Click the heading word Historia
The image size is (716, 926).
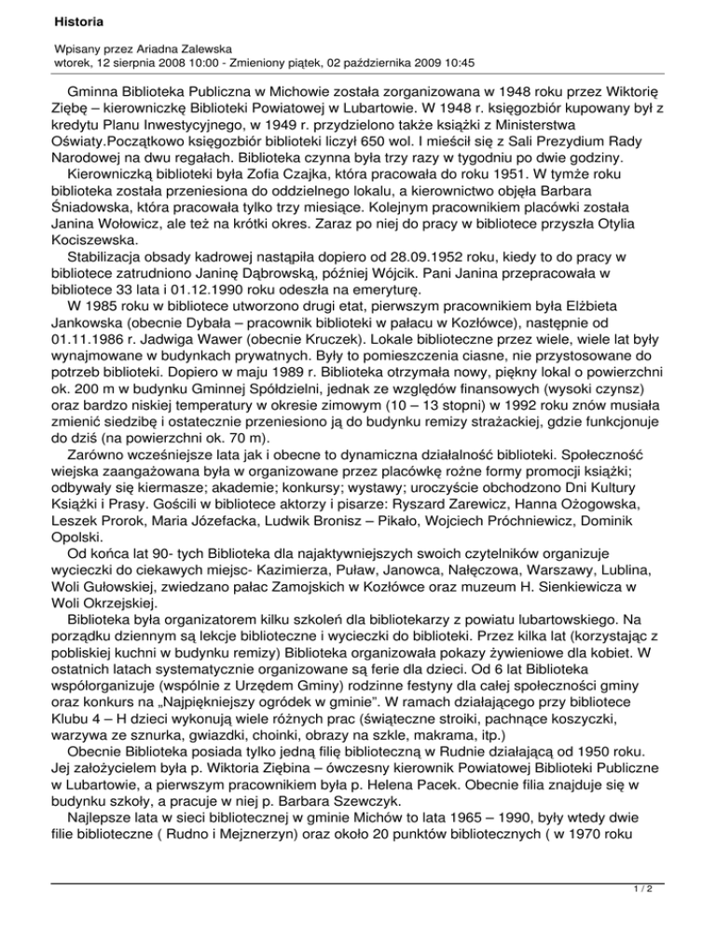[53, 20]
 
